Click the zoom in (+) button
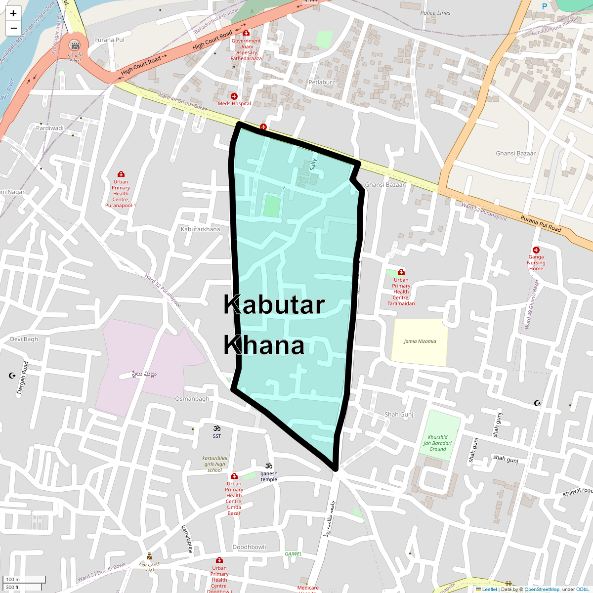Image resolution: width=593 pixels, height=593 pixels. [x=13, y=13]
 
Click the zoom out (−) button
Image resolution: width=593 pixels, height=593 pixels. [x=13, y=28]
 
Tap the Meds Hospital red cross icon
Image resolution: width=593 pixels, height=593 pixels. [x=234, y=96]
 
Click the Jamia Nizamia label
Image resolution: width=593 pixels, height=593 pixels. [x=420, y=341]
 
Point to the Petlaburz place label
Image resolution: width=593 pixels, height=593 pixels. [x=322, y=82]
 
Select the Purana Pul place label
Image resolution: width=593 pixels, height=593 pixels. [x=109, y=40]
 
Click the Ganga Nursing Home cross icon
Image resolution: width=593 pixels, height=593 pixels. [x=536, y=250]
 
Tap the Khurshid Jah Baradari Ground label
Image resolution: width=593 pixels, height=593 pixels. [x=437, y=443]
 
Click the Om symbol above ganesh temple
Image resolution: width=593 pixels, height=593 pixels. [x=269, y=466]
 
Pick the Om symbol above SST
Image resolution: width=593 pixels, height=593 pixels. [x=216, y=428]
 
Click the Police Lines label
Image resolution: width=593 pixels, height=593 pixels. [x=435, y=13]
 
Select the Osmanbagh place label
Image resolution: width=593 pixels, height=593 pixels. [x=192, y=399]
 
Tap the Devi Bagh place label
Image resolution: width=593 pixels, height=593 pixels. [x=24, y=339]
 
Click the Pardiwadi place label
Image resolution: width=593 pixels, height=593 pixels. [x=50, y=128]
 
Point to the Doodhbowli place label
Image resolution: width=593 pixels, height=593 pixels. [x=250, y=547]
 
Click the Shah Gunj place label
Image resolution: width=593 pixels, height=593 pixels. [x=399, y=415]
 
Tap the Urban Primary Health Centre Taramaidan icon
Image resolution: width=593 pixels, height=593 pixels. [x=401, y=272]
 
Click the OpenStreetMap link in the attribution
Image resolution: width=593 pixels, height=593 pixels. [x=542, y=589]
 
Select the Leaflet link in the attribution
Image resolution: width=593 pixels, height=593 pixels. [x=489, y=589]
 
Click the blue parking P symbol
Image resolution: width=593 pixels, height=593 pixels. [x=545, y=6]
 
